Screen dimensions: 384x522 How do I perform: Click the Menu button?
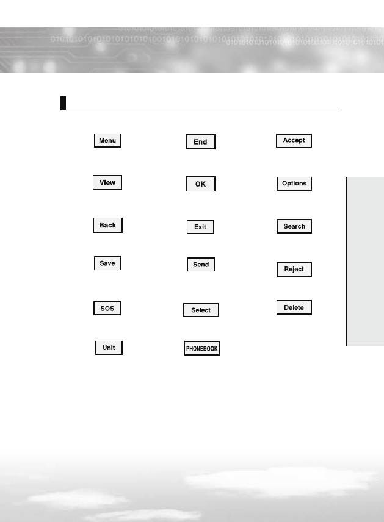tap(107, 141)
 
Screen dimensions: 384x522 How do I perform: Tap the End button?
tap(200, 142)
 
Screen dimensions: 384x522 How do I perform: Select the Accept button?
tap(294, 141)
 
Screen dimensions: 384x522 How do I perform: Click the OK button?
tap(200, 184)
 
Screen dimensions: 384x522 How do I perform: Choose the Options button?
tap(294, 184)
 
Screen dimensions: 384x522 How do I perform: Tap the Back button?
tap(107, 226)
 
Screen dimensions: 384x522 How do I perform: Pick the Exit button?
tap(200, 227)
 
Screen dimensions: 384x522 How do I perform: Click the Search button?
tap(294, 226)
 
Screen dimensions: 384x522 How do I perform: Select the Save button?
tap(107, 263)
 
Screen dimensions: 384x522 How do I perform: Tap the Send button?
tap(201, 265)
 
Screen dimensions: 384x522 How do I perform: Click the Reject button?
tap(294, 270)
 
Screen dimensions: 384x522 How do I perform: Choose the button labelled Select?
tap(201, 310)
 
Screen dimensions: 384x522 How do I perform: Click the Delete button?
tap(294, 308)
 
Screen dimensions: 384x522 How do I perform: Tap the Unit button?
tap(109, 348)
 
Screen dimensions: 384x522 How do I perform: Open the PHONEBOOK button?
tap(202, 349)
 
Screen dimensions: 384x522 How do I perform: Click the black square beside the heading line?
tap(63, 102)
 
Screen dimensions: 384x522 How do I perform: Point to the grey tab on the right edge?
tap(365, 262)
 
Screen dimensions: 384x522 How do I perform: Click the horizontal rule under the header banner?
tap(201, 110)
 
